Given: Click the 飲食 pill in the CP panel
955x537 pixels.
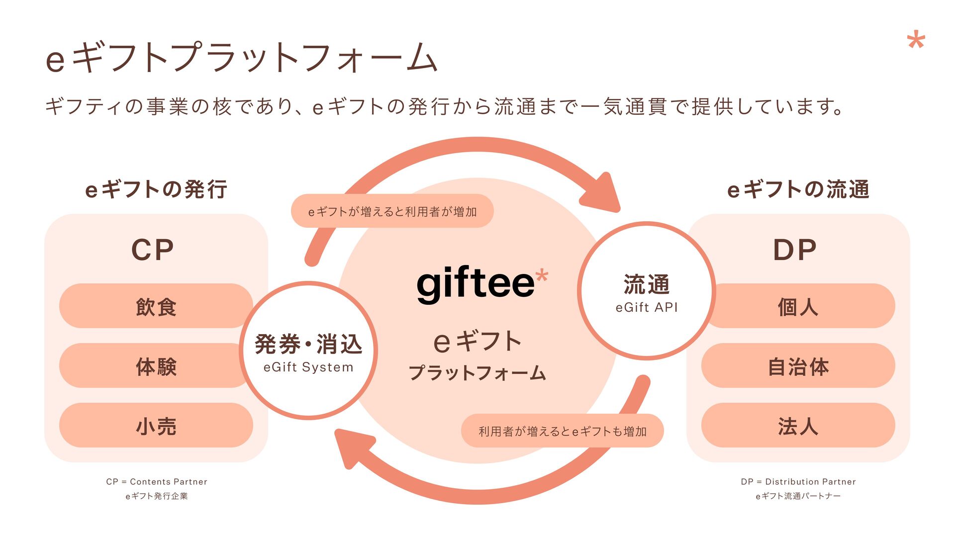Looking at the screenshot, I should tap(156, 306).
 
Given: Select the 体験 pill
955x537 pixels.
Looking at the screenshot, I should tap(156, 366).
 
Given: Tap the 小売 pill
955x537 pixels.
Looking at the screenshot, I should tap(156, 426).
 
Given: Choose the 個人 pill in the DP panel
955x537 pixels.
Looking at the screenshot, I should tap(798, 306).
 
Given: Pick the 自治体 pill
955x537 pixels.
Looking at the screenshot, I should tap(798, 366).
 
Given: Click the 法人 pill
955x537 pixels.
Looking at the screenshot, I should tap(798, 426).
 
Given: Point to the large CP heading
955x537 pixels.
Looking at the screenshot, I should tap(153, 250).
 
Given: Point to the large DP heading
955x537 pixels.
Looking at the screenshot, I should tap(794, 250).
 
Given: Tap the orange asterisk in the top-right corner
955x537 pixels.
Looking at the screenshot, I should tap(916, 41).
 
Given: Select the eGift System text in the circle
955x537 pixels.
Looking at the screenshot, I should tap(308, 367).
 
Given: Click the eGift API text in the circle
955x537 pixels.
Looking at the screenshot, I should tap(647, 307).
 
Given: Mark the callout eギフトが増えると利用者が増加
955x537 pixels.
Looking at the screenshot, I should tap(392, 211).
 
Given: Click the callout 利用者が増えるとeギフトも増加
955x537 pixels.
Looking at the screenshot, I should tap(562, 431).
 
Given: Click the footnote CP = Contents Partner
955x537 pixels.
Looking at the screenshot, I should tap(156, 481).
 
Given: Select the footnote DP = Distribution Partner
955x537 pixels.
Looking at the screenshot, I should tap(798, 481).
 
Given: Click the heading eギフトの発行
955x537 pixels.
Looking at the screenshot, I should tap(156, 189).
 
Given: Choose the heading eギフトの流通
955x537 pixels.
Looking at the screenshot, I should tap(798, 189).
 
